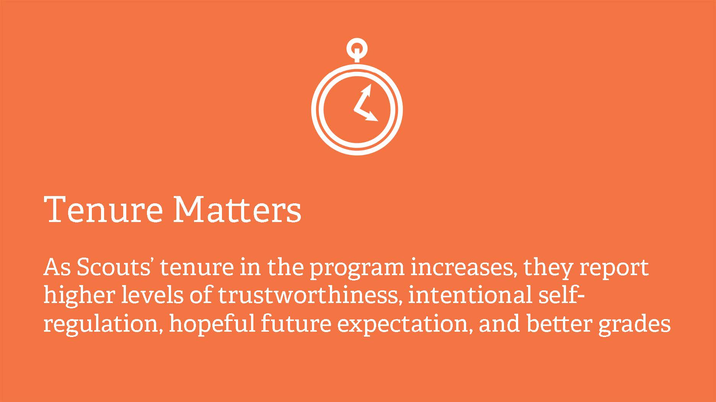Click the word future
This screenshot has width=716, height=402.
(296, 324)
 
